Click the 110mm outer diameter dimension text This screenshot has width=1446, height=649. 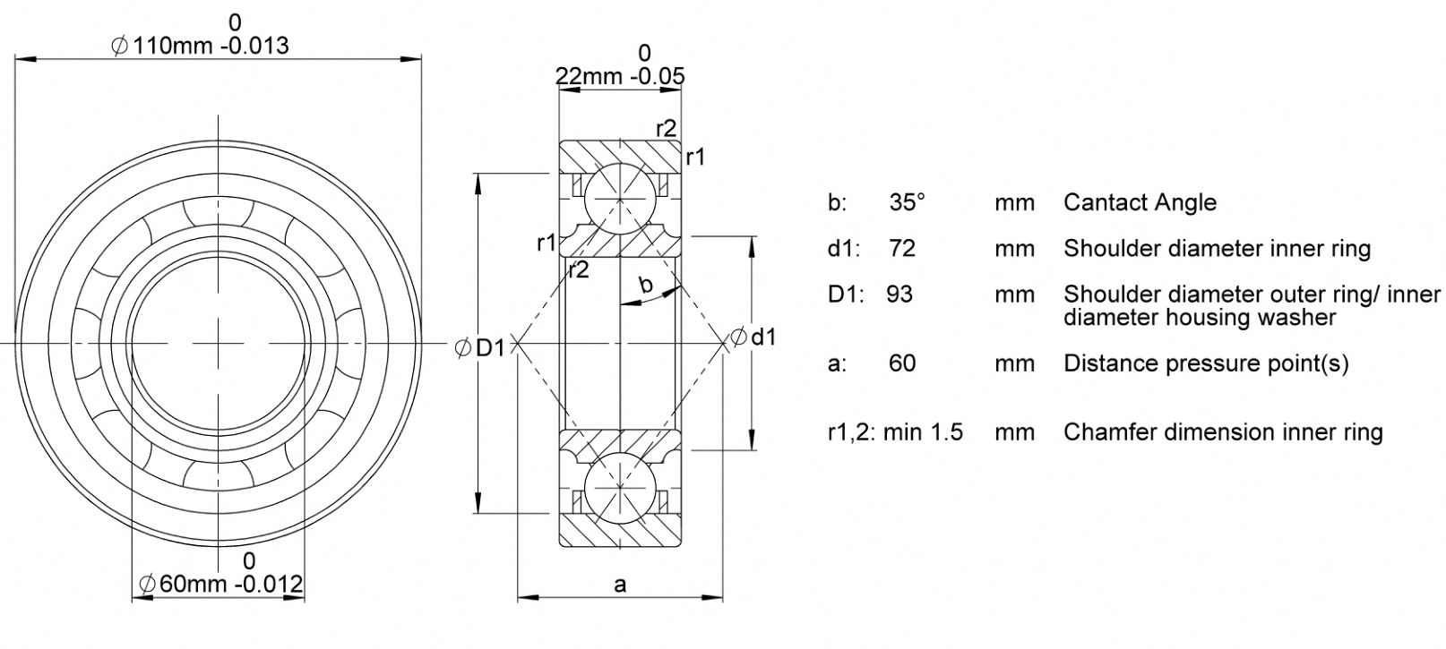[x=200, y=46]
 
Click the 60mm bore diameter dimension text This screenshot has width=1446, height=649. [x=221, y=584]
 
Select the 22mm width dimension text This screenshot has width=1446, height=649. [x=620, y=76]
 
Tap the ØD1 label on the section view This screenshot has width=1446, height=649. [x=479, y=348]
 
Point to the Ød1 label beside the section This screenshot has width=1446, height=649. [x=753, y=337]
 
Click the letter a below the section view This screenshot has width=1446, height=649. [x=620, y=585]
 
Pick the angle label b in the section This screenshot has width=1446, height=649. [x=645, y=284]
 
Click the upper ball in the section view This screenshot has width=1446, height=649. [x=620, y=200]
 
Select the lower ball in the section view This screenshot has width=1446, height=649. [x=620, y=486]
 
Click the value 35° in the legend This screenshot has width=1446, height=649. [x=907, y=202]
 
